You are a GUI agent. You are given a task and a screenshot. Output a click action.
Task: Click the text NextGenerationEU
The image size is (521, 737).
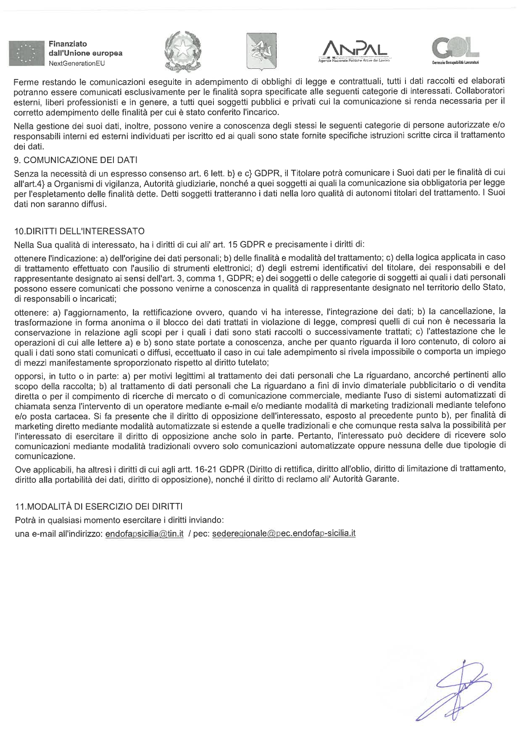tap(76, 63)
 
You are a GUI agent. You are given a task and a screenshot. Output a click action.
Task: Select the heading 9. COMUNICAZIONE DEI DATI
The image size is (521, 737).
tap(76, 160)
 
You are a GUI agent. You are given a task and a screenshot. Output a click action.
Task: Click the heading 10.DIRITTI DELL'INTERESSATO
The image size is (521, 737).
tap(79, 231)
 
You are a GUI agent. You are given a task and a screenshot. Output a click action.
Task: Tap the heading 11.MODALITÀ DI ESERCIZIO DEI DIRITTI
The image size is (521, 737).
tap(98, 507)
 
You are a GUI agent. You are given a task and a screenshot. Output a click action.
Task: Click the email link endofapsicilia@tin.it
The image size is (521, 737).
tap(145, 534)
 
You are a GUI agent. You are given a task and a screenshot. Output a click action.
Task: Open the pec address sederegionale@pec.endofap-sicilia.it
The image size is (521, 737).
tap(284, 534)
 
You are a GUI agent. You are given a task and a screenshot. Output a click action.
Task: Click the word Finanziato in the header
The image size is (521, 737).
tap(68, 44)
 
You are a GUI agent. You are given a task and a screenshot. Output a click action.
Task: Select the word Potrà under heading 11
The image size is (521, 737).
tap(24, 520)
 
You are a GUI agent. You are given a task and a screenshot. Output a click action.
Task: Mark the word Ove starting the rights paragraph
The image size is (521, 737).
tap(21, 469)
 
